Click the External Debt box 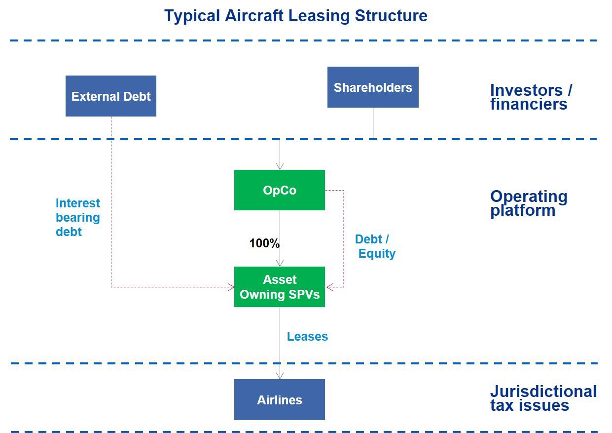click(111, 96)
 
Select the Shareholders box click(373, 87)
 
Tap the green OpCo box click(280, 190)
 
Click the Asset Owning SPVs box click(280, 287)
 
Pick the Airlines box click(280, 400)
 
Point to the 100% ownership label click(264, 243)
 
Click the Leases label click(307, 337)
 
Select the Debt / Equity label click(375, 246)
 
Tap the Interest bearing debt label click(78, 217)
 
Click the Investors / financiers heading click(531, 97)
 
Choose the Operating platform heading click(528, 203)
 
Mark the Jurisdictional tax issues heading click(543, 398)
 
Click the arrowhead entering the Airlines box click(280, 376)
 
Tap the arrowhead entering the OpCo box click(280, 166)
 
